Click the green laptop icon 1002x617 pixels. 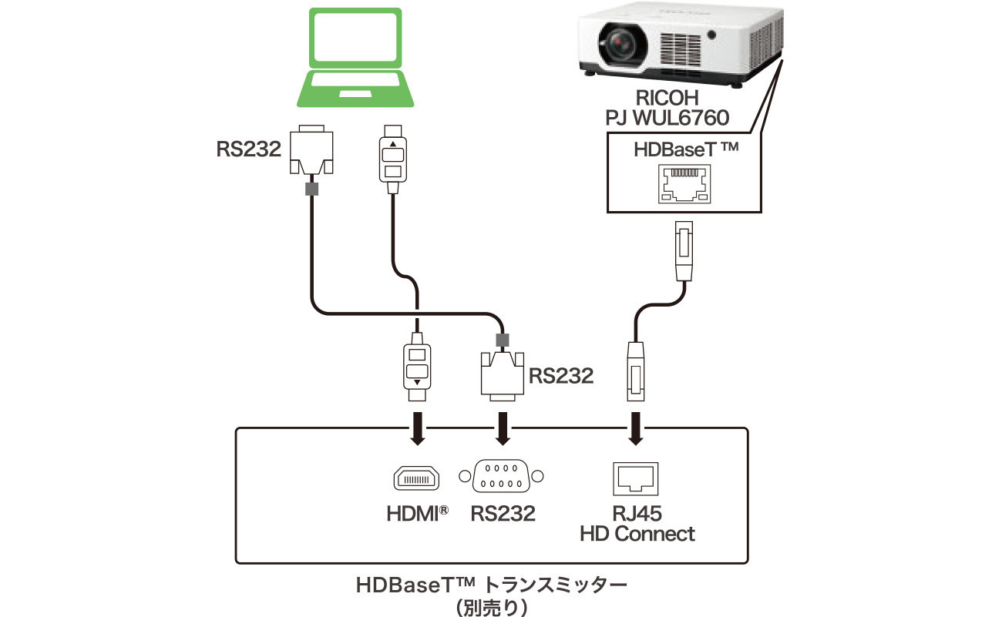pos(356,58)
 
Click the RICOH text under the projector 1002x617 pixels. pos(667,99)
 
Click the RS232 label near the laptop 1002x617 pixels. pos(248,149)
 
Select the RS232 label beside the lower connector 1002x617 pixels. pos(561,376)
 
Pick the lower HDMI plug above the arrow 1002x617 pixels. pos(417,366)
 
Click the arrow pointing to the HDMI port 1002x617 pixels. pos(417,429)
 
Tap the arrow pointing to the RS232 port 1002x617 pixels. pos(503,429)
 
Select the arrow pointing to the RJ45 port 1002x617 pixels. pos(637,429)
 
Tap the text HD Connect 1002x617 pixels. pos(637,534)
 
